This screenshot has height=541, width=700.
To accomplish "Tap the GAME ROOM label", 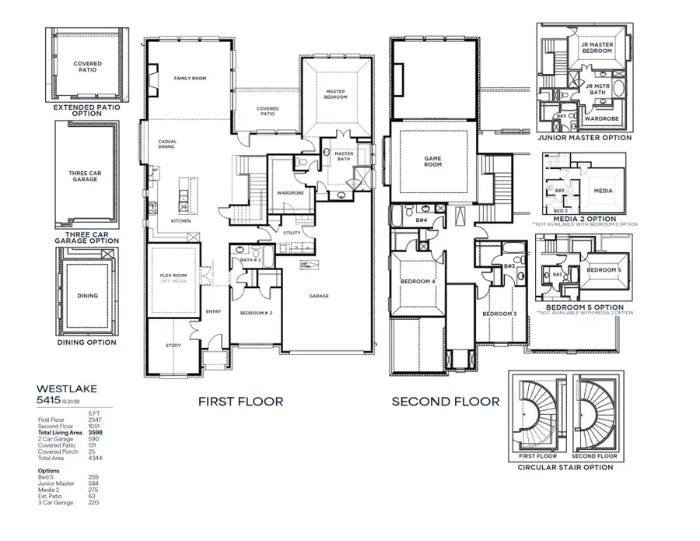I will coord(432,161).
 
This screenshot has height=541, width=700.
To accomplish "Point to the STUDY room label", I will coord(173,345).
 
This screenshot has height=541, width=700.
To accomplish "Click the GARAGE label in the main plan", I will coord(319,296).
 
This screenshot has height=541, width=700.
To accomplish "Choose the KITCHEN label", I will coord(180,220).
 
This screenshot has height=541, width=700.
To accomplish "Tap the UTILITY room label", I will coord(292,233).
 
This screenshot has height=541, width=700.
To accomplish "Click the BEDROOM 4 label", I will coord(417,281).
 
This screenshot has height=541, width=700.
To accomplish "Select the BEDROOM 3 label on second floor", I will coord(499,314).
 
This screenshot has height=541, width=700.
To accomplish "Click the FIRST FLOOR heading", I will coord(240,402).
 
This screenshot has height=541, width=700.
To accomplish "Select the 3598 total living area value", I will coord(96,432).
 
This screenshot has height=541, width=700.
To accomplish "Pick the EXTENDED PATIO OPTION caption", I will coord(86,110).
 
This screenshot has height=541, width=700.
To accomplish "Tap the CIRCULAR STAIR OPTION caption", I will coord(565,467).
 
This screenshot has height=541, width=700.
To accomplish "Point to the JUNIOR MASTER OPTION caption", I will coord(584,138).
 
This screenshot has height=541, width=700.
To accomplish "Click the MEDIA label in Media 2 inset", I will coord(603,191).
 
